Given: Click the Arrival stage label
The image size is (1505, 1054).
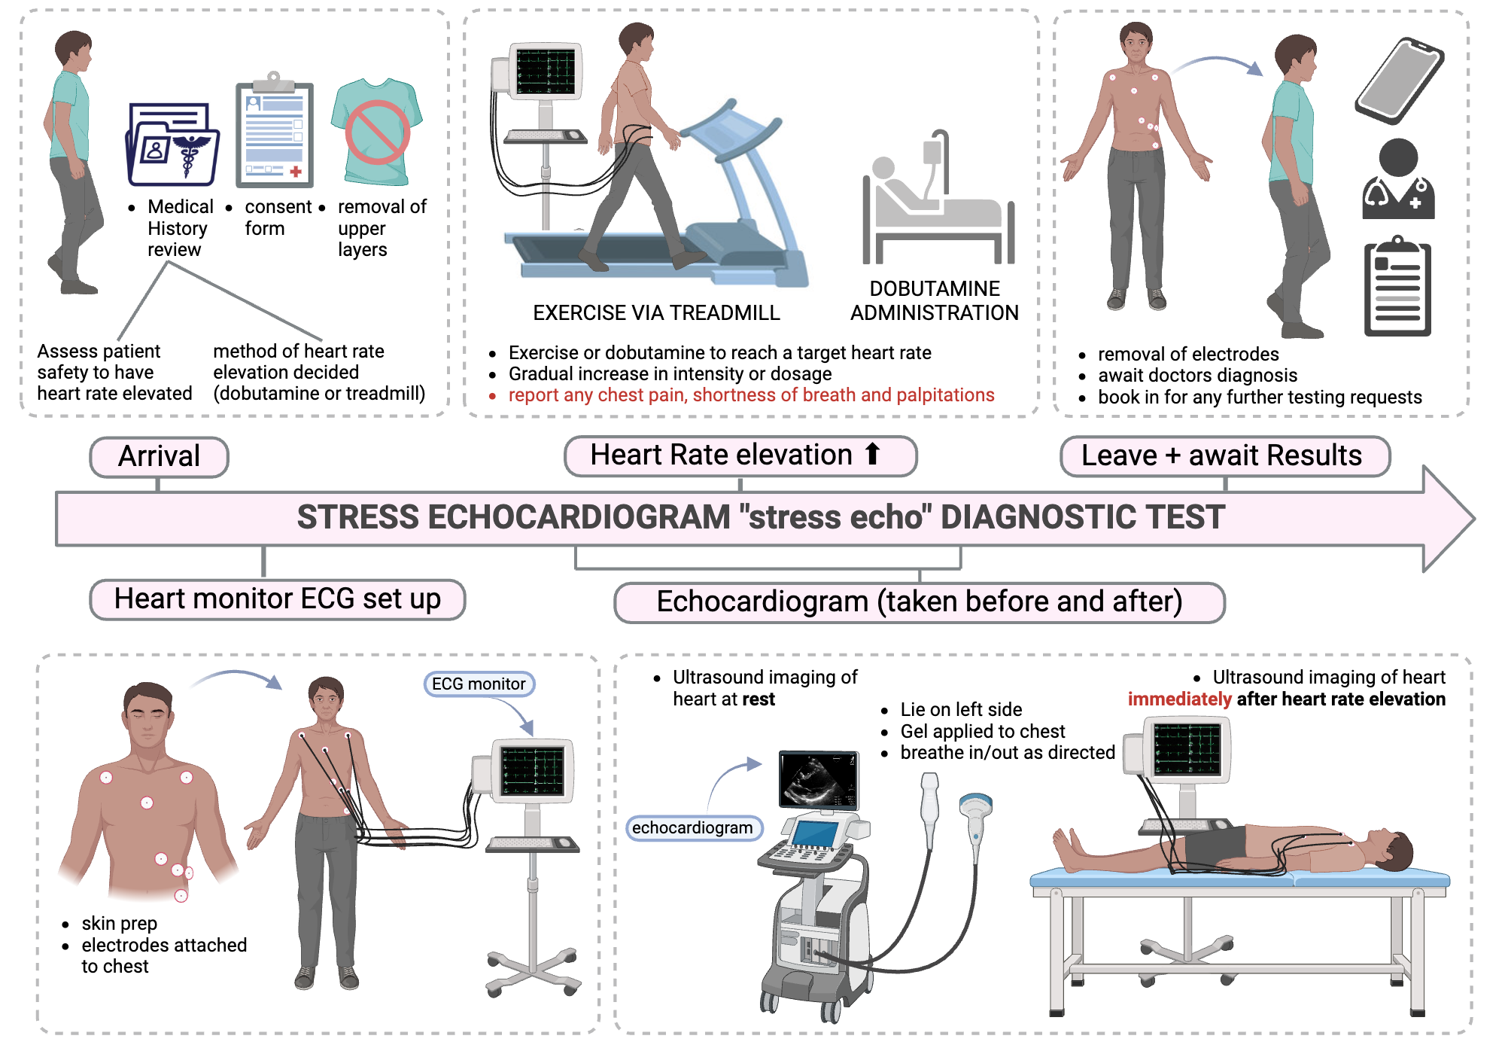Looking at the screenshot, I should click(x=159, y=456).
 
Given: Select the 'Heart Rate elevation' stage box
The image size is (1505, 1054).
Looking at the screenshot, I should click(x=740, y=455).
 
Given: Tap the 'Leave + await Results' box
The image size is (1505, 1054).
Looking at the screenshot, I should click(x=1224, y=456).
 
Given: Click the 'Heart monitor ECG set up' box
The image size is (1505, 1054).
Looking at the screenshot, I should click(x=277, y=599).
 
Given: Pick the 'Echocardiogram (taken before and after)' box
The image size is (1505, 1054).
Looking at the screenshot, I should click(x=919, y=602).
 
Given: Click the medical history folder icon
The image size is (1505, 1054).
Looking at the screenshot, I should click(x=173, y=144).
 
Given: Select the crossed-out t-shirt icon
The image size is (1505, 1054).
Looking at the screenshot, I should click(x=377, y=132).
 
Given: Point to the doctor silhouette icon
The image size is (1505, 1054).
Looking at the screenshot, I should click(x=1399, y=180).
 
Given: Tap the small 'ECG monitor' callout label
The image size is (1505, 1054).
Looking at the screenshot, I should click(x=479, y=684).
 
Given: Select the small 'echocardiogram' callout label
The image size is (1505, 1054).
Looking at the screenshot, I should click(x=692, y=828).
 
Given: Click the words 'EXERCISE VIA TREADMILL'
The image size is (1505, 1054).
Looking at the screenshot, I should click(x=656, y=313).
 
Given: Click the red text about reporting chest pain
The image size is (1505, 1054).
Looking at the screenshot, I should click(x=751, y=395).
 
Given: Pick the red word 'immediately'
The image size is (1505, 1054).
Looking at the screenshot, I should click(x=1179, y=699).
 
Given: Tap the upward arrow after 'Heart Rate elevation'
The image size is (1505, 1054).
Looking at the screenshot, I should click(x=872, y=454).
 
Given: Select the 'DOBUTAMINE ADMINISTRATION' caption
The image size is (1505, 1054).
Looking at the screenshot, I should click(x=934, y=301).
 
